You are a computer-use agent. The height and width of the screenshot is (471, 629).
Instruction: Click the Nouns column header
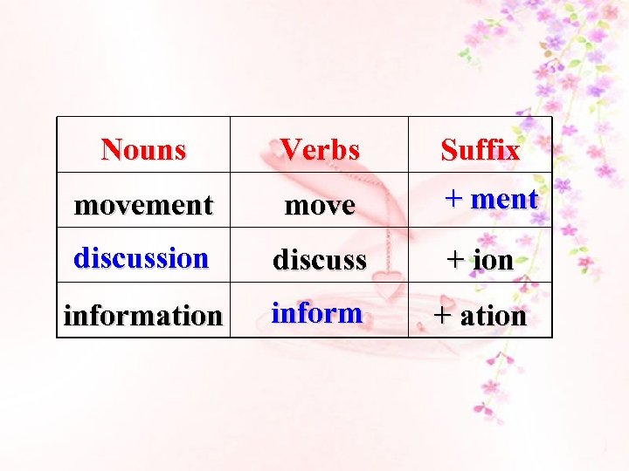pyautogui.click(x=143, y=149)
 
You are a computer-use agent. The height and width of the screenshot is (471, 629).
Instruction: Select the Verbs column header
pyautogui.click(x=320, y=149)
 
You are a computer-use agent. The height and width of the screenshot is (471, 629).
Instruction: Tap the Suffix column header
pyautogui.click(x=480, y=150)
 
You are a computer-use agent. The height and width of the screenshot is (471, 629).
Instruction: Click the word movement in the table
pyautogui.click(x=143, y=205)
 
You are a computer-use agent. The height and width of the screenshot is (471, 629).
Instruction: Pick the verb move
pyautogui.click(x=321, y=206)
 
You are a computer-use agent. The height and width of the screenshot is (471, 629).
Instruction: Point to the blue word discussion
pyautogui.click(x=141, y=257)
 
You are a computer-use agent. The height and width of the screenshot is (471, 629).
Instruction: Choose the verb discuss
pyautogui.click(x=320, y=259)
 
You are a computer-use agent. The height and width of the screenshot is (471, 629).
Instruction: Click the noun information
pyautogui.click(x=143, y=315)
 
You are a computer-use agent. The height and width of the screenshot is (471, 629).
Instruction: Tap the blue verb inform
pyautogui.click(x=316, y=311)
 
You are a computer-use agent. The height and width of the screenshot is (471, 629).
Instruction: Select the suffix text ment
pyautogui.click(x=504, y=199)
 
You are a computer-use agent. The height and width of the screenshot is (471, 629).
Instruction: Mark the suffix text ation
pyautogui.click(x=493, y=315)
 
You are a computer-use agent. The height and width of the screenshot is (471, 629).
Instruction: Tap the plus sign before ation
pyautogui.click(x=444, y=315)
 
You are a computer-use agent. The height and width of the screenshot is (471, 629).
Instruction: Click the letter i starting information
pyautogui.click(x=68, y=315)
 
